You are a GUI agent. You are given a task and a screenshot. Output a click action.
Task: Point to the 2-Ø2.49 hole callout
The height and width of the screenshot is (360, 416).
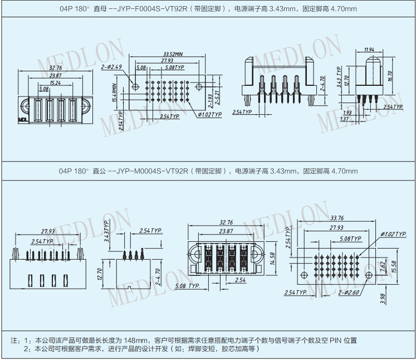(112, 67)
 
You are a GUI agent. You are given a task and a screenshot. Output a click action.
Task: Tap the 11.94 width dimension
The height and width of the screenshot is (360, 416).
(369, 50)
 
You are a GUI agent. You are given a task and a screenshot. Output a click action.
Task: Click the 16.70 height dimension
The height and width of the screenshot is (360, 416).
(390, 76)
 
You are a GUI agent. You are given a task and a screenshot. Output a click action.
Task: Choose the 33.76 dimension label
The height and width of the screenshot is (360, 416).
(337, 218)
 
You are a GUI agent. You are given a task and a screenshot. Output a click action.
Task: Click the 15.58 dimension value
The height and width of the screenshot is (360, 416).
(394, 266)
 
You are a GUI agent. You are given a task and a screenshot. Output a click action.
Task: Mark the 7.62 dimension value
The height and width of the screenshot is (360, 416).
(383, 266)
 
